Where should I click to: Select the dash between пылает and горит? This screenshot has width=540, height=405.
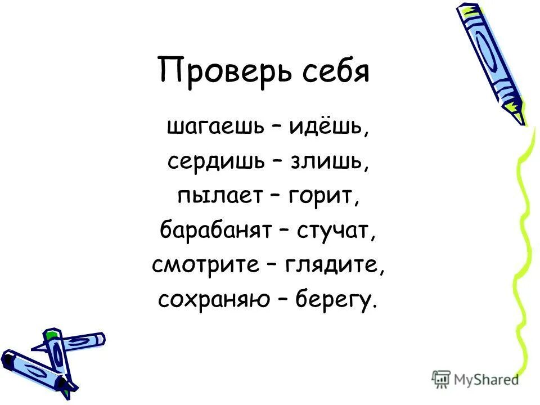(274, 196)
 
